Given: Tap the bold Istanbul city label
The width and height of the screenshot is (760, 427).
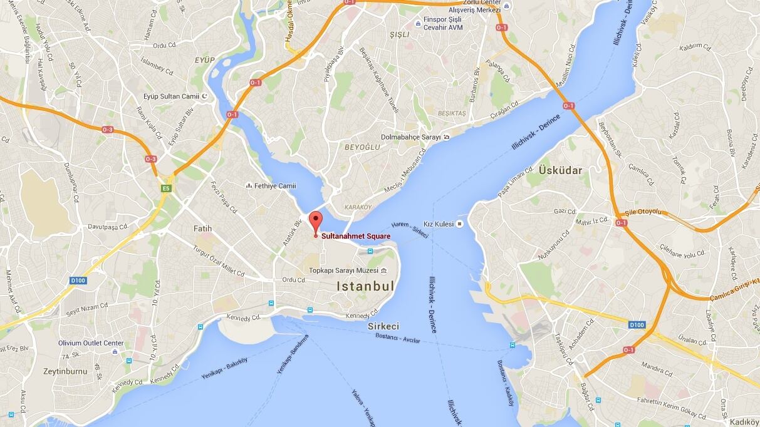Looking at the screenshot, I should point(366,287).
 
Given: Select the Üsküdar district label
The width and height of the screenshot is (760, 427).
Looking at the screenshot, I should point(560,170).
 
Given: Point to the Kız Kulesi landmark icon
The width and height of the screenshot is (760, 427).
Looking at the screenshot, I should point(460,224).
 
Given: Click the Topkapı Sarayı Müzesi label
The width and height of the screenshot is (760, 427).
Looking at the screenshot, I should point(344,270).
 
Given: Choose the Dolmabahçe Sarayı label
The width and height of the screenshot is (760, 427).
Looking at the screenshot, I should point(410,137).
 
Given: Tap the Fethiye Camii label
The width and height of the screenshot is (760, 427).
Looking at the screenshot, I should point(275,186).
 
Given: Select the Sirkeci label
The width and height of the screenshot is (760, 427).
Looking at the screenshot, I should point(383,326).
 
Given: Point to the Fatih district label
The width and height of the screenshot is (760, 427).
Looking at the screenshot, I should point(202,229).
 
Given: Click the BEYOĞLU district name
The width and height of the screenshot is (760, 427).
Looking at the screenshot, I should point(362,147).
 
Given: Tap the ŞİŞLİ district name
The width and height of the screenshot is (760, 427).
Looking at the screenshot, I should point(398,34).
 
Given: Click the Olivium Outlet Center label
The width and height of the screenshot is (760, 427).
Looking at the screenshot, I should point(91,343).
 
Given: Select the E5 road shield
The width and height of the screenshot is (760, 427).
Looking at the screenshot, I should point(166,188).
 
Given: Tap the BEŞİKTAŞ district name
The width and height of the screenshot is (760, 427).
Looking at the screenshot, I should point(452,113).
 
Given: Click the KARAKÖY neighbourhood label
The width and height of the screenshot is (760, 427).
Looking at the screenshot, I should point(358,207).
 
